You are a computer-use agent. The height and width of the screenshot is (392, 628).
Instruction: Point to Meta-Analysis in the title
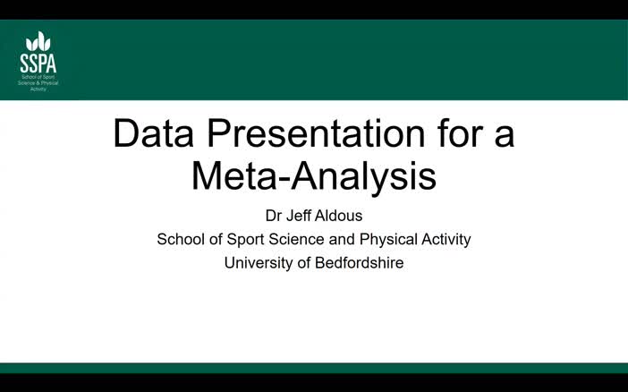[313, 175]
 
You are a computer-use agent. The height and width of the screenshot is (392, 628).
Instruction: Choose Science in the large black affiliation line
[298, 239]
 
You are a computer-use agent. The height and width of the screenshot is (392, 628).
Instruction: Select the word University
[258, 263]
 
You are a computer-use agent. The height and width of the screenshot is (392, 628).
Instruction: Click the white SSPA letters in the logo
[38, 62]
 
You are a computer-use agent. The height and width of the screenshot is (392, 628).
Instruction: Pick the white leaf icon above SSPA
[38, 41]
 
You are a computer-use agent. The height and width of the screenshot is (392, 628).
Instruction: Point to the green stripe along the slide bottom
[313, 368]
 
